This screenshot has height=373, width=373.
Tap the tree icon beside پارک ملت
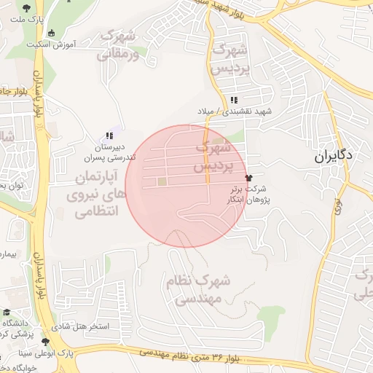[x=27, y=8]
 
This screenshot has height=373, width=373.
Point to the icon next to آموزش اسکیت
[x=50, y=33]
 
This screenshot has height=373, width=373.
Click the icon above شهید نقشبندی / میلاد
[x=233, y=101]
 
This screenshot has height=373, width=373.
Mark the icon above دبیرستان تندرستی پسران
[x=109, y=136]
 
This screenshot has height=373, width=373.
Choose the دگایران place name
[x=334, y=155]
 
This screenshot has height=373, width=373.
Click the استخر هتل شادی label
[x=98, y=326]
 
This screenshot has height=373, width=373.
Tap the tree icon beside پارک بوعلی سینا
[x=46, y=341]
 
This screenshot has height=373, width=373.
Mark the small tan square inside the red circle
[x=162, y=181]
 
